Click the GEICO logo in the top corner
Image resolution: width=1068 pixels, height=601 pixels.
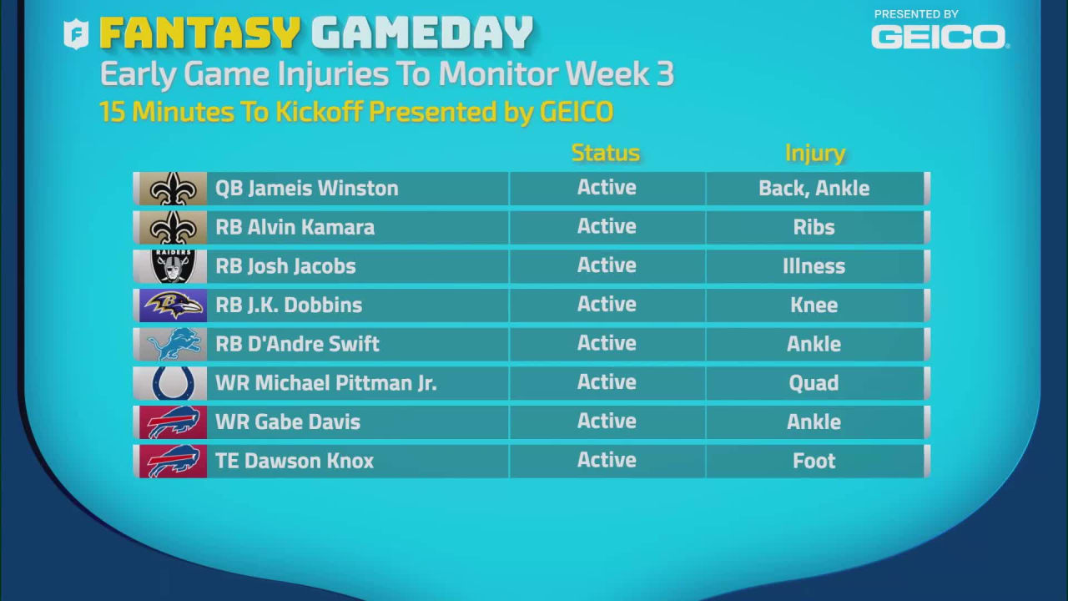click(939, 37)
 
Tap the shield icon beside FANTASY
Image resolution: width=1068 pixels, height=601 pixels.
click(76, 34)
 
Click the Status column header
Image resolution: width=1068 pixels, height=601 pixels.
click(606, 153)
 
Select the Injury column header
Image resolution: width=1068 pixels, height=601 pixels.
click(814, 153)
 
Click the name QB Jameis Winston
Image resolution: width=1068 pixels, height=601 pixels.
click(306, 189)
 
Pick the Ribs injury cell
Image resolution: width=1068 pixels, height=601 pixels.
click(814, 227)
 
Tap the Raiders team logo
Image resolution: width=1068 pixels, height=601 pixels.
click(173, 266)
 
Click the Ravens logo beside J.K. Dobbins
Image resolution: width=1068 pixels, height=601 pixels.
click(173, 306)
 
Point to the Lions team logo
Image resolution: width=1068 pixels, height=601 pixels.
click(173, 344)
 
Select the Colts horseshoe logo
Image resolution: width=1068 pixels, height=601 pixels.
click(173, 383)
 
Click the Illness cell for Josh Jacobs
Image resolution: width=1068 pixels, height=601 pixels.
click(814, 266)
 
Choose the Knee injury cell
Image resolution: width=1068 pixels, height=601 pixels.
click(814, 306)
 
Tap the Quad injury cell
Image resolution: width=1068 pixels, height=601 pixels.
click(814, 383)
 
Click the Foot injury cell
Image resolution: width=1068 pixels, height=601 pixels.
click(814, 461)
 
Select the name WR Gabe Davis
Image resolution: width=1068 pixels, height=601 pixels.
click(288, 422)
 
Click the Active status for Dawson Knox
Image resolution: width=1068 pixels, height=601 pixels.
click(607, 460)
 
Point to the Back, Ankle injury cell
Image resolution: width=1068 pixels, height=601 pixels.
click(814, 189)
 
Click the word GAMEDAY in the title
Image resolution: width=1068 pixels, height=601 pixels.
click(422, 34)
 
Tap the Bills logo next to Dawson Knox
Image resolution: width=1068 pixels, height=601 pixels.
click(173, 461)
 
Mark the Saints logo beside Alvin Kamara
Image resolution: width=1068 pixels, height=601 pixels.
click(173, 227)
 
